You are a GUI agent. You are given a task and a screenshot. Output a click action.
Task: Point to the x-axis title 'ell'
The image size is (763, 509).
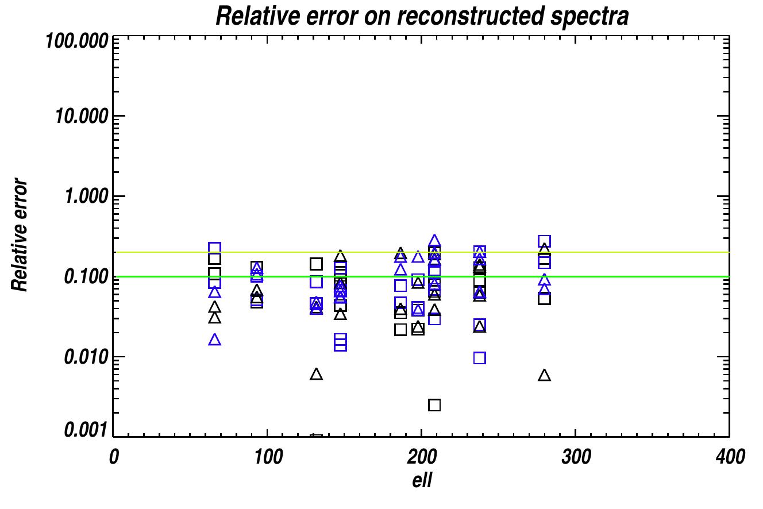tap(422, 480)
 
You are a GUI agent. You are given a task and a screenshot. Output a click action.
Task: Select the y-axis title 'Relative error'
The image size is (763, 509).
tap(19, 235)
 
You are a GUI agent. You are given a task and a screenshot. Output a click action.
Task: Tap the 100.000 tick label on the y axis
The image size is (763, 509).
tap(77, 41)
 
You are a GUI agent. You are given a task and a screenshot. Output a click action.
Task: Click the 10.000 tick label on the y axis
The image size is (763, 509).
tap(82, 117)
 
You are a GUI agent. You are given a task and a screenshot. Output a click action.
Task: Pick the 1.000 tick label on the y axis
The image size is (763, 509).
tap(87, 196)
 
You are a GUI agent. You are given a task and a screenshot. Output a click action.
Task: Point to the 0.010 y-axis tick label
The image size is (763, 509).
tap(87, 357)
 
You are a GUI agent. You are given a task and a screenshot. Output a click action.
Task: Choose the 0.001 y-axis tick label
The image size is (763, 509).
tap(87, 430)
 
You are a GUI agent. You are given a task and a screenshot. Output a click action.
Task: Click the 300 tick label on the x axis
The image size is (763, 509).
tap(576, 457)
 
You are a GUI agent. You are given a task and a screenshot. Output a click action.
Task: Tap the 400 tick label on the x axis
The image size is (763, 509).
tap(730, 457)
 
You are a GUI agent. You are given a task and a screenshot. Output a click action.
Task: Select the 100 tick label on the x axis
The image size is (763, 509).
tap(268, 457)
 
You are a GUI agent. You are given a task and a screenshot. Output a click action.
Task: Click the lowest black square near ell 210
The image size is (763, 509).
tap(434, 405)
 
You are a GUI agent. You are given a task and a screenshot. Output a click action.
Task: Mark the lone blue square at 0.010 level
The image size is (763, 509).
tap(480, 358)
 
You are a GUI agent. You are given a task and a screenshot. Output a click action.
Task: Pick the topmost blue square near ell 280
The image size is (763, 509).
tap(544, 241)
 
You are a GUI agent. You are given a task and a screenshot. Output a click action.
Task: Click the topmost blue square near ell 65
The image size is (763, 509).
tap(215, 248)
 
